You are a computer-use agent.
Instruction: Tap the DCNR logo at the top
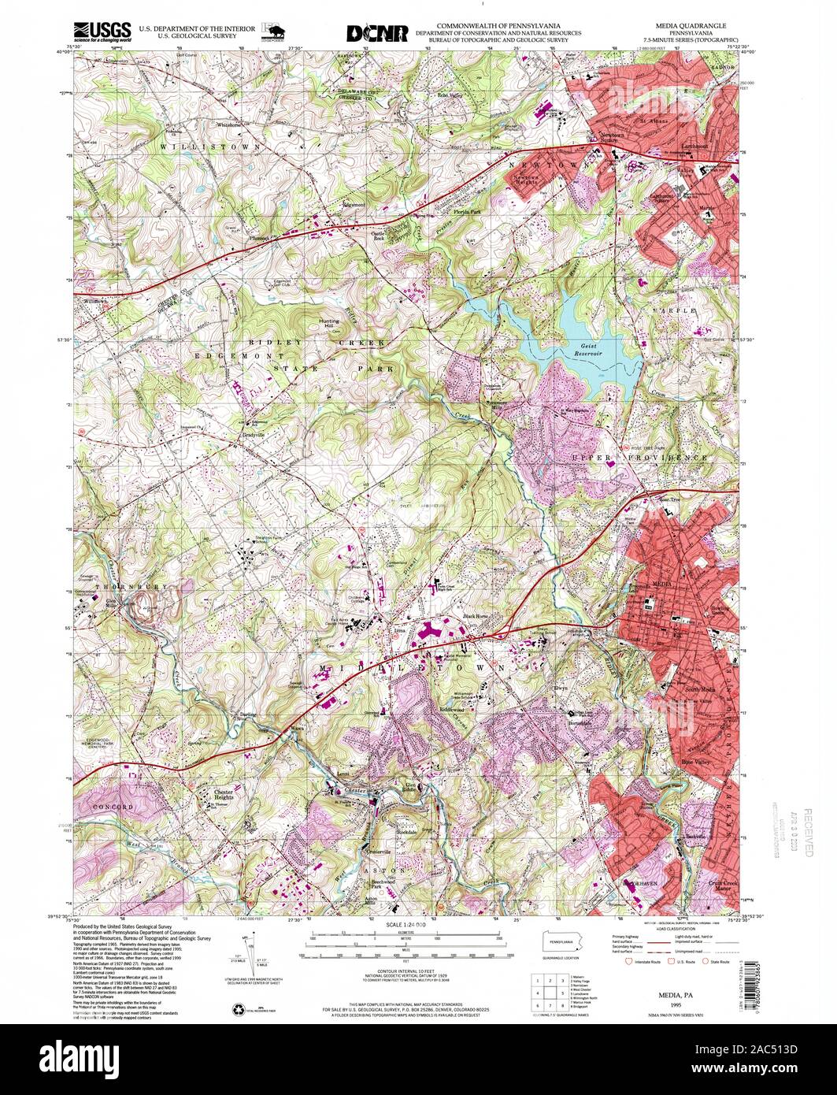(x=377, y=33)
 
